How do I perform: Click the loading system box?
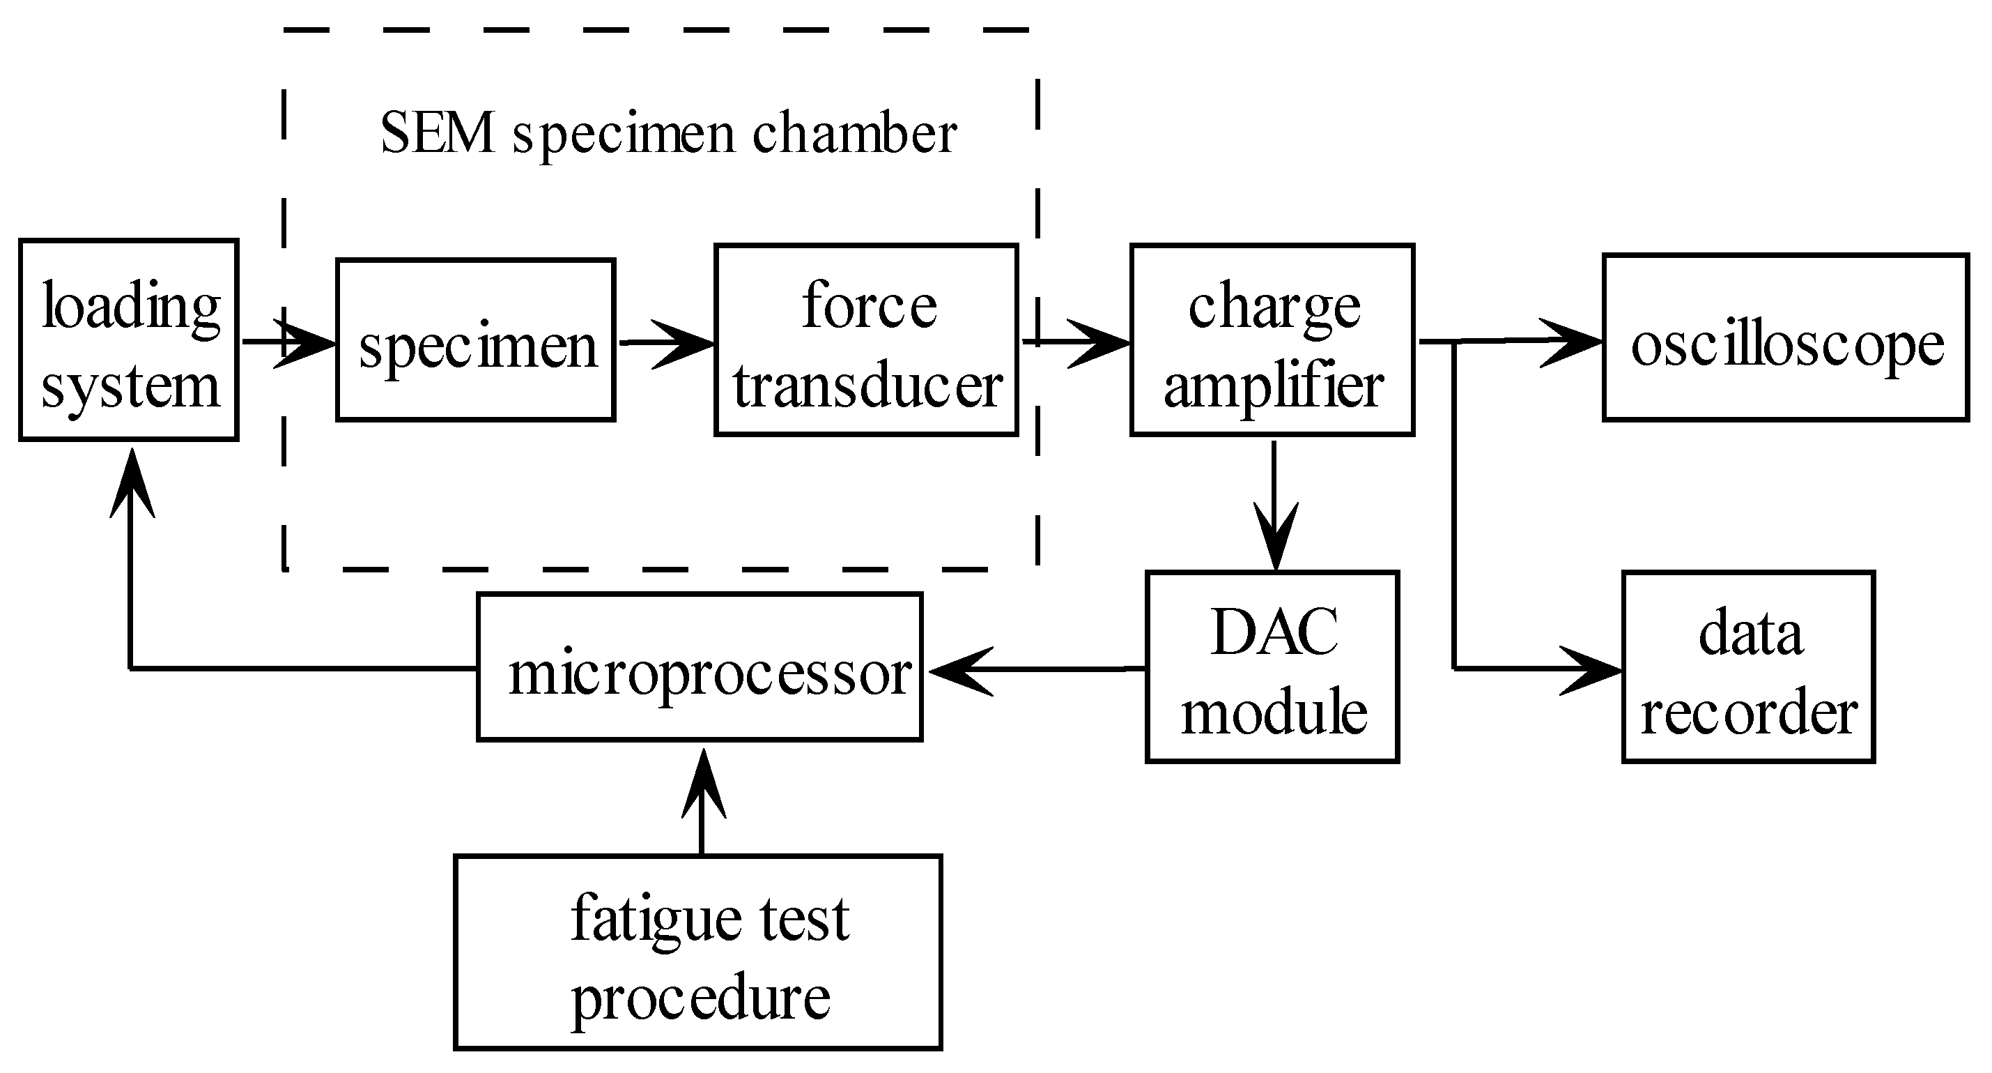(128, 340)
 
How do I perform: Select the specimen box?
(476, 340)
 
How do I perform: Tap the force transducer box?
(866, 340)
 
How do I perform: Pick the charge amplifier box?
(1272, 340)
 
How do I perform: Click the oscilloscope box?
(1786, 338)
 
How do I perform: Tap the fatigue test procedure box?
(697, 952)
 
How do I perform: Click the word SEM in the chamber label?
(438, 133)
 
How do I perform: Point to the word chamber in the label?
(854, 133)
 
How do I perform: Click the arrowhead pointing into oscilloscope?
(1574, 341)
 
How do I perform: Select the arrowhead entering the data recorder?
(1593, 669)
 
